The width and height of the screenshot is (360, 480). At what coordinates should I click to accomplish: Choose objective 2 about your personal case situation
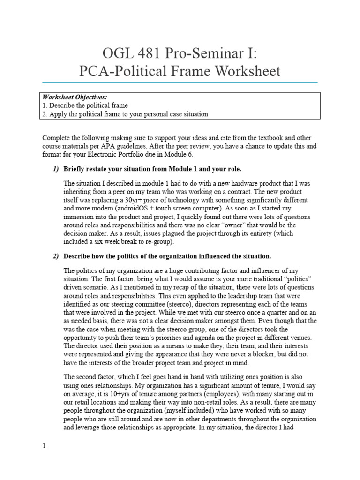coord(125,114)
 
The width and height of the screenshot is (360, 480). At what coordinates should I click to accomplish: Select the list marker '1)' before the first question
coord(56,169)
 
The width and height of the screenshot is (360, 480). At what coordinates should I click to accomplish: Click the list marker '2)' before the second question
coord(56,256)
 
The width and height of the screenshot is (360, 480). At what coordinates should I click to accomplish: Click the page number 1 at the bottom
coord(44,446)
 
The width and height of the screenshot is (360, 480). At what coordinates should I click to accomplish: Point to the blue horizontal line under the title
coord(180,83)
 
